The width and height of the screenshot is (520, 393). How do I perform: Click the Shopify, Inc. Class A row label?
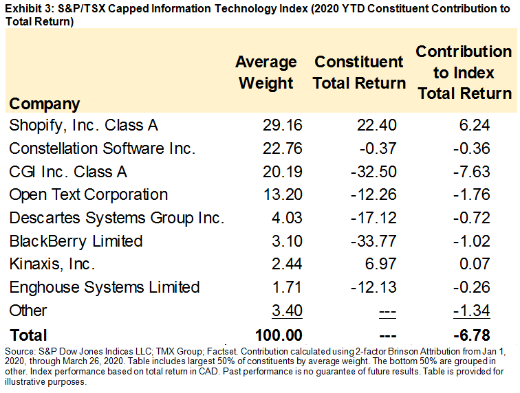tap(84, 125)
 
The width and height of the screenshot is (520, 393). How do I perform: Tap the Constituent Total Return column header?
tap(360, 72)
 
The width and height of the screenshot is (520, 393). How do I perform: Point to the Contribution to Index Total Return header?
tap(464, 72)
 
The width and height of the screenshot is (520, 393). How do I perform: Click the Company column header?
tap(45, 104)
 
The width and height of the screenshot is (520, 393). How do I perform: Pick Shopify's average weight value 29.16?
tap(282, 125)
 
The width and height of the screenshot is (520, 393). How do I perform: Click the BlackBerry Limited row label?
tap(76, 241)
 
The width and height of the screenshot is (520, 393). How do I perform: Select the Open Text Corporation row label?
tap(89, 194)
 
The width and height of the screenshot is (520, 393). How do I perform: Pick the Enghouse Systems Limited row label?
tap(105, 287)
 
